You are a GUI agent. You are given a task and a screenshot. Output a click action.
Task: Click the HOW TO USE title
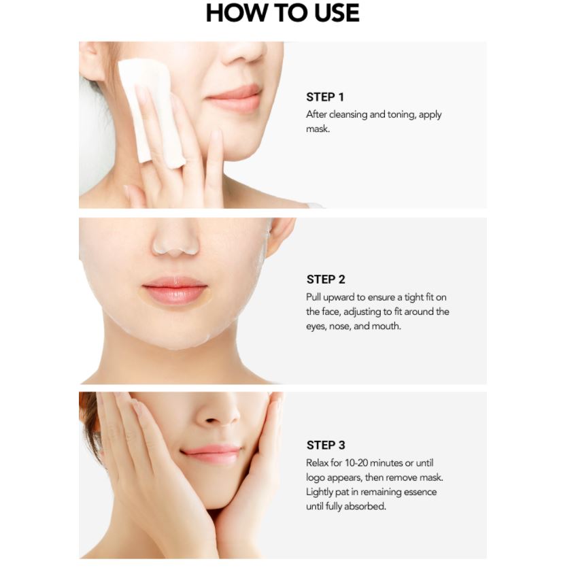282,13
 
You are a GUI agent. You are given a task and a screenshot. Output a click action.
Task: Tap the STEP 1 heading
325,97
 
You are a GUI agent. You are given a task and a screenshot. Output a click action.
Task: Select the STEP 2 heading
326,280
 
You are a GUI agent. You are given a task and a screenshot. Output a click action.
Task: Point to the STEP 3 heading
326,445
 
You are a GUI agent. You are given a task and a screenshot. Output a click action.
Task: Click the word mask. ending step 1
318,129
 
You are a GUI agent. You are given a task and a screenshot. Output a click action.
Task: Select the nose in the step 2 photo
175,239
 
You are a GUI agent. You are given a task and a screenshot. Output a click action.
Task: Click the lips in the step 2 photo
175,290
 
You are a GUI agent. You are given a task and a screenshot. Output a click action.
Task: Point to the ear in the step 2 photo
280,236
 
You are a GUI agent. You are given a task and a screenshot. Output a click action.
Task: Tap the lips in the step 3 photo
211,454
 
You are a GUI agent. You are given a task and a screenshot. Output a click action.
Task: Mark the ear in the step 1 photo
90,61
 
